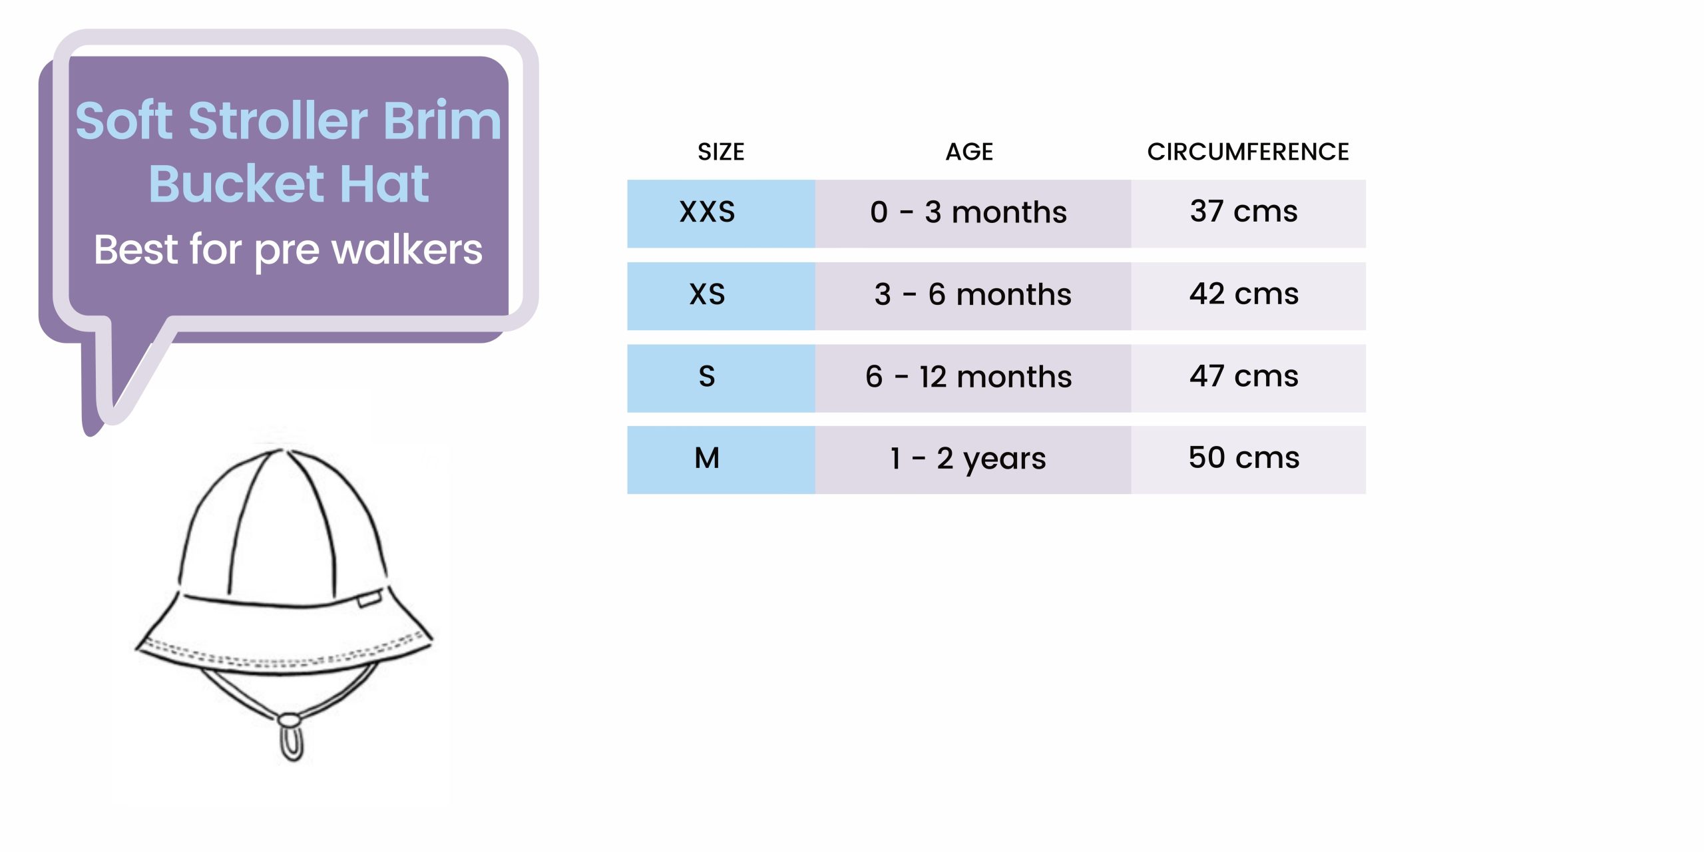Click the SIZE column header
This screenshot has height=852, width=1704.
pyautogui.click(x=721, y=152)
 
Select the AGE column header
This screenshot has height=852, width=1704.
pyautogui.click(x=969, y=152)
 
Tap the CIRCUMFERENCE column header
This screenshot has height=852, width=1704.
pyautogui.click(x=1248, y=152)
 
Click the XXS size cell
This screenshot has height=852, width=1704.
pyautogui.click(x=721, y=213)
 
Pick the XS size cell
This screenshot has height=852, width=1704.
pyautogui.click(x=721, y=296)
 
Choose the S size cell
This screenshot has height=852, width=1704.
pyautogui.click(x=721, y=378)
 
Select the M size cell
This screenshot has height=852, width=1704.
pyautogui.click(x=721, y=460)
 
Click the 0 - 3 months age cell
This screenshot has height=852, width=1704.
pyautogui.click(x=972, y=213)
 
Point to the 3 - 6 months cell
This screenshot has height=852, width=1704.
pyautogui.click(x=972, y=296)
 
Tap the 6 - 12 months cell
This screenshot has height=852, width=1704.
pyautogui.click(x=972, y=378)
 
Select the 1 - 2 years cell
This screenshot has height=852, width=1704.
pyautogui.click(x=972, y=460)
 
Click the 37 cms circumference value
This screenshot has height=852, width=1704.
pyautogui.click(x=1243, y=212)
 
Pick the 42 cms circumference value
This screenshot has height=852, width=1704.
pyautogui.click(x=1243, y=294)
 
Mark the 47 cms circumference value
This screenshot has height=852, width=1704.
pyautogui.click(x=1243, y=376)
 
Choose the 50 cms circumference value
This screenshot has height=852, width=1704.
pyautogui.click(x=1243, y=458)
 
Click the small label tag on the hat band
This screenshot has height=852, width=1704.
pyautogui.click(x=369, y=599)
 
